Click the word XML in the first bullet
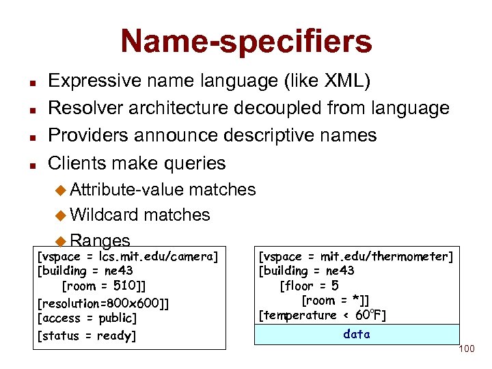(x=346, y=81)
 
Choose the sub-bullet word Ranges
(x=100, y=241)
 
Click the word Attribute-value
(x=127, y=189)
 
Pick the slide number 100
(x=467, y=349)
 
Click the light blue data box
(x=357, y=334)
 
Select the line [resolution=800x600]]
(x=103, y=303)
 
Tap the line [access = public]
(x=87, y=318)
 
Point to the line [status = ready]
(x=87, y=336)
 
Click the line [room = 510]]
(x=103, y=286)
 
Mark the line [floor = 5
(x=309, y=286)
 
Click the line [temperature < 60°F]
(x=322, y=315)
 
